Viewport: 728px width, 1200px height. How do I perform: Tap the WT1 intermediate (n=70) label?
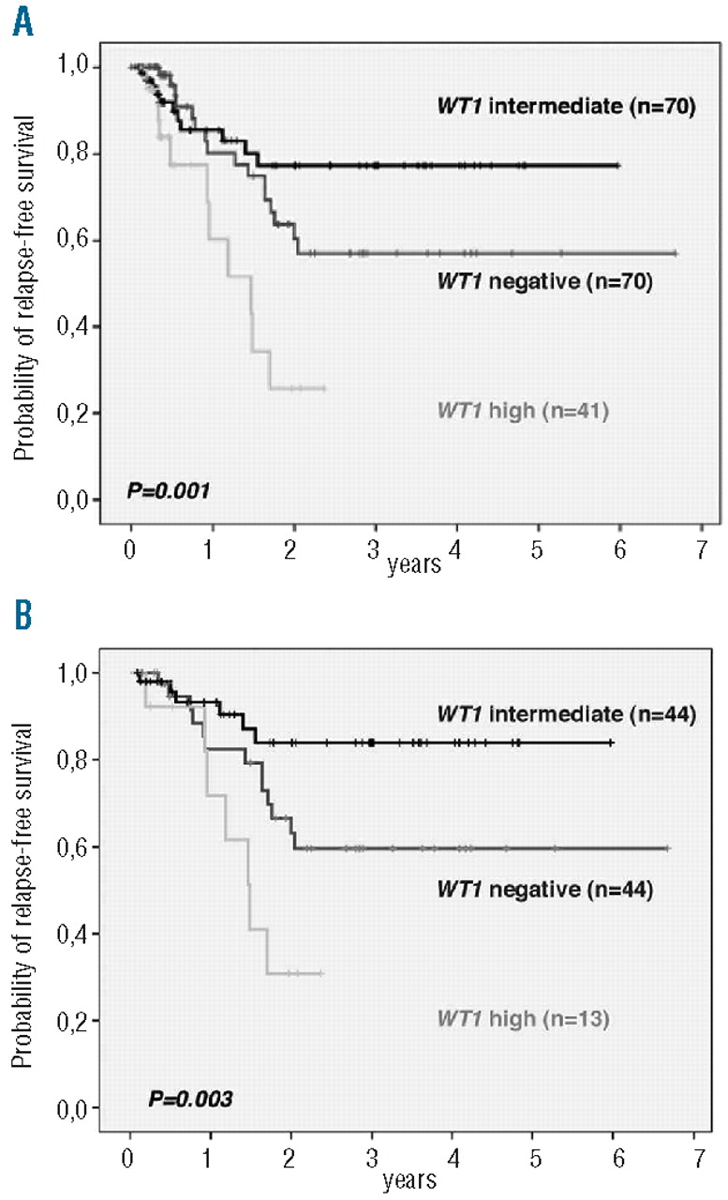(564, 108)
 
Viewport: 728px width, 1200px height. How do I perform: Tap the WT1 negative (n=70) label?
(543, 280)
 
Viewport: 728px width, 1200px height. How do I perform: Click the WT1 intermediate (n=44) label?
(564, 714)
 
